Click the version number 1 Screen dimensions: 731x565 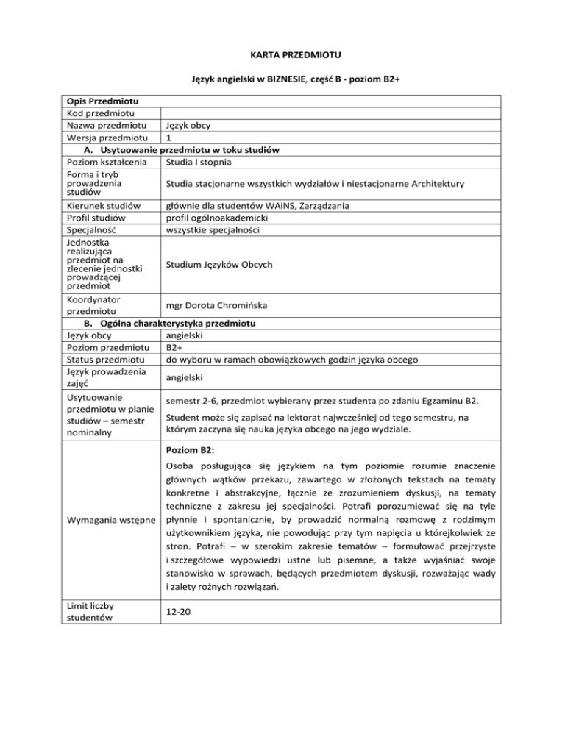click(170, 138)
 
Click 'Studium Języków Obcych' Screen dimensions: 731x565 click(219, 264)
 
